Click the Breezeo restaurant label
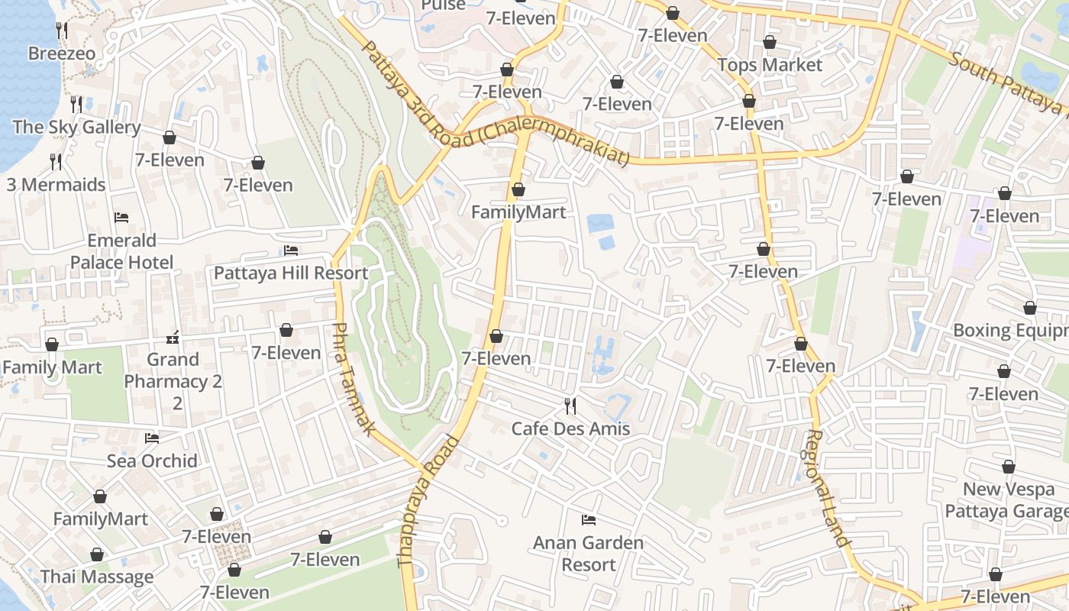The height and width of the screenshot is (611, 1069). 62,53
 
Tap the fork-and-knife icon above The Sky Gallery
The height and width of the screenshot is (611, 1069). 76,104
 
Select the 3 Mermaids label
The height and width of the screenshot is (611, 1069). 56,185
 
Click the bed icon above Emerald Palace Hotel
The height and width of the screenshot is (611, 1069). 121,218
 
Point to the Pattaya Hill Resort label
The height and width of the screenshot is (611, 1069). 291,273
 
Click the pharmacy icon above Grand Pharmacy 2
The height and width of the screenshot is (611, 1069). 173,337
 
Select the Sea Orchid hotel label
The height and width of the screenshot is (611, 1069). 152,461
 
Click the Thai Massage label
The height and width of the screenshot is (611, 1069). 97,577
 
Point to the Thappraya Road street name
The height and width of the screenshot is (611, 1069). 429,501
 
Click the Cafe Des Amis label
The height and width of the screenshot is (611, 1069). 570,428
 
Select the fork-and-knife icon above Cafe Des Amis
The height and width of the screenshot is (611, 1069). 570,406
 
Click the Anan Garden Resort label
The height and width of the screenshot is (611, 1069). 588,554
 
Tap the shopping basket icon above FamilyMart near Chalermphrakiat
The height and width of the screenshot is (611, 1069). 518,189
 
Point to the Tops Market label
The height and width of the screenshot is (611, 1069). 770,65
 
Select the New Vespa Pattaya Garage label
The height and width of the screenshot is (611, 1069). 1006,500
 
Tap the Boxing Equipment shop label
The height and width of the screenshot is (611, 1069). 1010,331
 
